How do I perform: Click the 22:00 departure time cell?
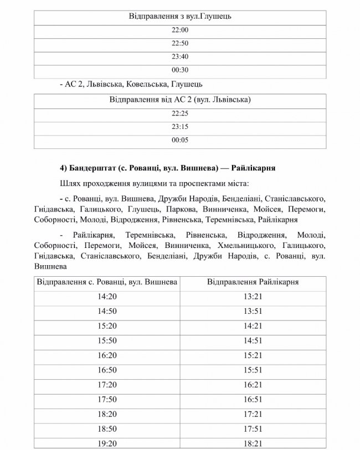click(180, 30)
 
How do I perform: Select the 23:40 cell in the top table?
click(180, 56)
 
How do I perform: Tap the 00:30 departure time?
click(180, 70)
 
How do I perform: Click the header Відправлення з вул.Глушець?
click(179, 17)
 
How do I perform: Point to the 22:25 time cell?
click(180, 114)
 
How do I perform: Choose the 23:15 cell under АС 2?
click(180, 127)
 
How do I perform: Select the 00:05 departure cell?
click(180, 141)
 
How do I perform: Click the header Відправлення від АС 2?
click(180, 100)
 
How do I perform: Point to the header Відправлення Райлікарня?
click(253, 282)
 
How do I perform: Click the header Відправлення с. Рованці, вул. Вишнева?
click(107, 282)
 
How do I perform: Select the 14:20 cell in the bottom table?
click(107, 297)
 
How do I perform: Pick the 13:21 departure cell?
click(253, 297)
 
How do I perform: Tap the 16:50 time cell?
click(107, 369)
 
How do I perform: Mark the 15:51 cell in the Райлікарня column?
click(253, 369)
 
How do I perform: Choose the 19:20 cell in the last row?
click(107, 442)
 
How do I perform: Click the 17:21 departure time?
click(253, 413)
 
